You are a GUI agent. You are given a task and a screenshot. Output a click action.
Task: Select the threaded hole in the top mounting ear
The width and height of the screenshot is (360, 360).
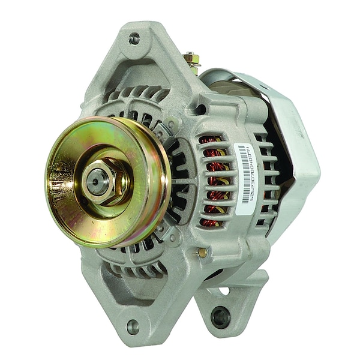[x=134, y=38]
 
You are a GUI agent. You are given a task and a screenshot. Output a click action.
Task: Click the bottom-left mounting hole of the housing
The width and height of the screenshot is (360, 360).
[x=133, y=326]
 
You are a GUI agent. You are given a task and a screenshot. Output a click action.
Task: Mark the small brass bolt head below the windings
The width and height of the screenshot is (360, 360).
[x=203, y=253]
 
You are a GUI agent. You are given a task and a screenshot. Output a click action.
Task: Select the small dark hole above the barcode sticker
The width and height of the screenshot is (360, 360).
[x=200, y=109]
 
